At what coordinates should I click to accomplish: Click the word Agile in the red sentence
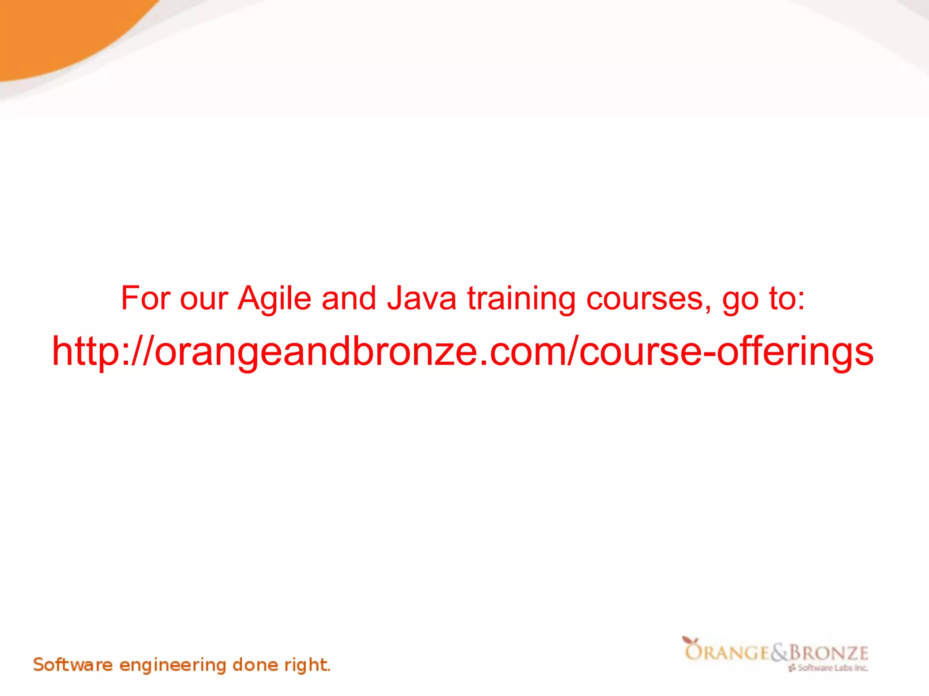pos(274,299)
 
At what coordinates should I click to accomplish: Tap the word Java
pos(421,299)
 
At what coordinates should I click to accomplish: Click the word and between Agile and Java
pos(349,298)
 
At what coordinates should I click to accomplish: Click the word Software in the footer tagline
pos(73,665)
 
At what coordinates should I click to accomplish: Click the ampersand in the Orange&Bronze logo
pos(779,652)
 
